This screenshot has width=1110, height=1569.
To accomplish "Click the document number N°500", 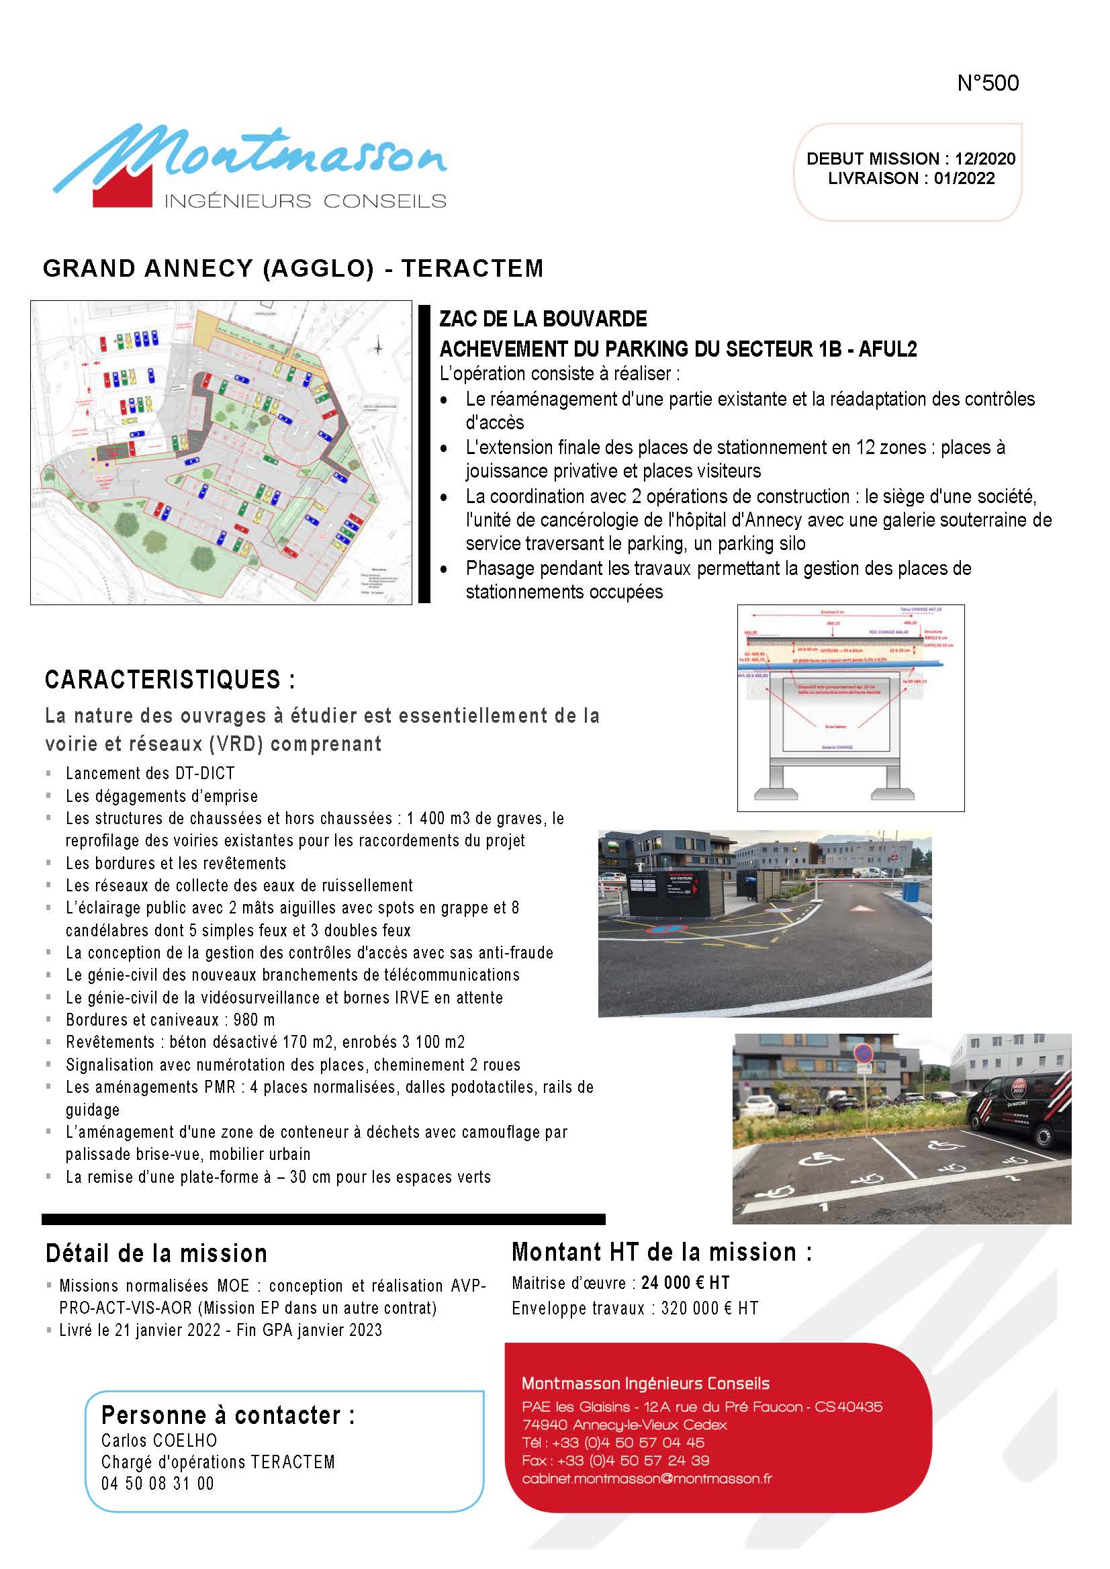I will (988, 83).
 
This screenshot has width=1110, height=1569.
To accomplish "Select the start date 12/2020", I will (985, 159).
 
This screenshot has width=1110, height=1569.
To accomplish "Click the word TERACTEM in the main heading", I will (472, 269).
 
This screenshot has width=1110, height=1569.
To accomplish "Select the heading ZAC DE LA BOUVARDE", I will (543, 319).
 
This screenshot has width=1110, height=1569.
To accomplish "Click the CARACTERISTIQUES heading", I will (169, 680).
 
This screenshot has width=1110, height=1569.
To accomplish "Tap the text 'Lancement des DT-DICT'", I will (150, 773).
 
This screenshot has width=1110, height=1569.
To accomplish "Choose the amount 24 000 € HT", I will (685, 1283).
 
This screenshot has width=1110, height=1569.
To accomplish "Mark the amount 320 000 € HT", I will (710, 1308).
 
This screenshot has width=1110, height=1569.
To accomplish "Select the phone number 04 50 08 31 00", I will (157, 1484).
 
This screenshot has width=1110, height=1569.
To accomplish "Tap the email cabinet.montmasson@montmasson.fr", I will (647, 1479).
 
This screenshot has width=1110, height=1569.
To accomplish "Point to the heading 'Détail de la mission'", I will (156, 1254).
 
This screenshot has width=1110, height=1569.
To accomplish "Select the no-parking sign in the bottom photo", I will (864, 1054).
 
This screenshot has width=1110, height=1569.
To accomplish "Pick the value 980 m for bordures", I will (255, 1020).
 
